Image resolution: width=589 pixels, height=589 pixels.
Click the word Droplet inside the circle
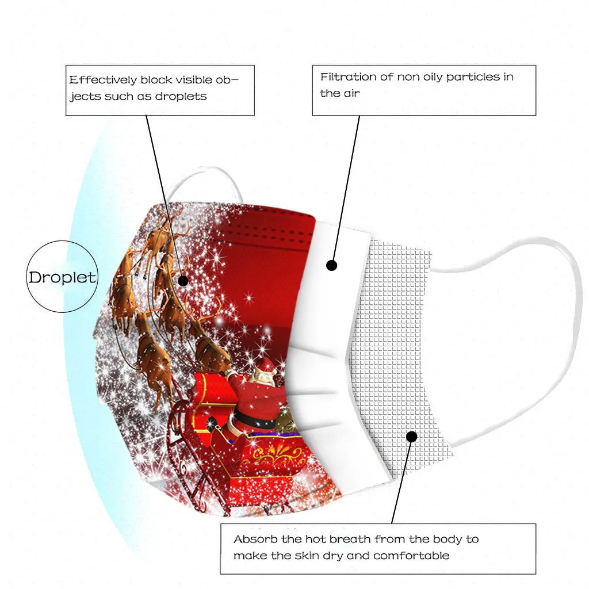point(63,277)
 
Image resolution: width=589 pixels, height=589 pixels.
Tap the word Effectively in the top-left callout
point(102,80)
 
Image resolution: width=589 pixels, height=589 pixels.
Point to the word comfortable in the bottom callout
point(411,556)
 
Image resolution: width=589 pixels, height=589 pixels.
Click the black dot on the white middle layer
point(331,265)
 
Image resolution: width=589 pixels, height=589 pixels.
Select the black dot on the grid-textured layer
point(411,437)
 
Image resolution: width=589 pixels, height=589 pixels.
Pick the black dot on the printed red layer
point(183,281)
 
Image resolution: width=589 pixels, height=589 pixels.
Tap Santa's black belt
point(253,419)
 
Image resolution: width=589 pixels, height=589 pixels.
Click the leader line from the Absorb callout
point(401,483)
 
